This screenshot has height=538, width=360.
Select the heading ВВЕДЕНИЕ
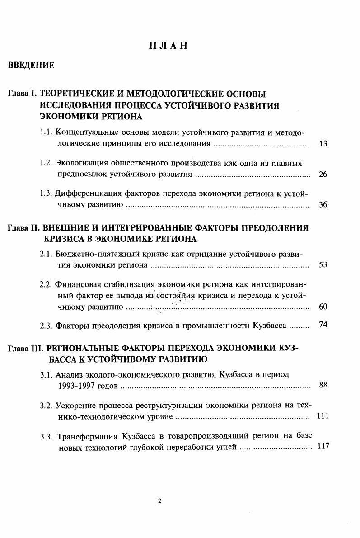(x=31, y=66)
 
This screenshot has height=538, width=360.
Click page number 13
(x=323, y=144)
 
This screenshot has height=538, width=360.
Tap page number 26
(x=323, y=174)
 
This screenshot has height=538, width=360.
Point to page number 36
(x=323, y=204)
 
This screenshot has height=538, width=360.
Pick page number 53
(x=323, y=264)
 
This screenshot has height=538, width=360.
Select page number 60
(x=323, y=307)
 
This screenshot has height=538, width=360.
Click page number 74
(x=323, y=324)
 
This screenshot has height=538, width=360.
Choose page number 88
(x=323, y=385)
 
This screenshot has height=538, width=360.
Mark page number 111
(x=323, y=415)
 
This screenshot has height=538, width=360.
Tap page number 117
(x=323, y=446)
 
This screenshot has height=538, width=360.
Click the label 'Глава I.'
(x=23, y=94)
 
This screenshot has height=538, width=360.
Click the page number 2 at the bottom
(x=160, y=500)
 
